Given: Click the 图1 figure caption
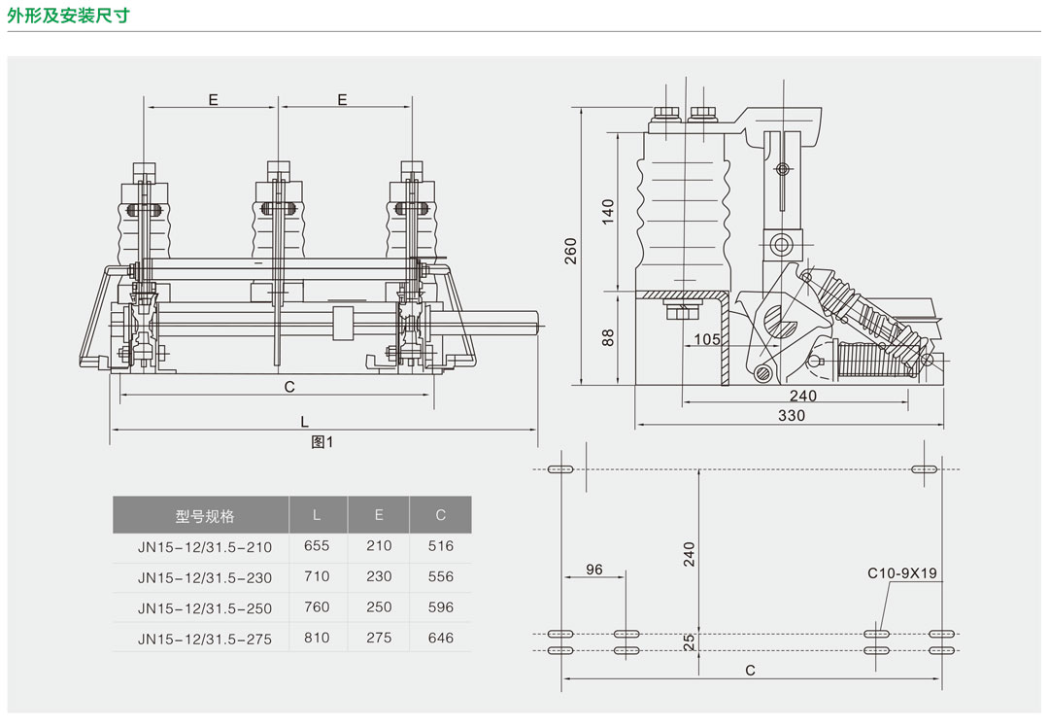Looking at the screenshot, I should point(321,442).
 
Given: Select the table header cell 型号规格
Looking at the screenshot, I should point(205,516).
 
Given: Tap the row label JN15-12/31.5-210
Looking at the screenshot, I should point(205,547).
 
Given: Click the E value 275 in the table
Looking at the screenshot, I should point(379,638).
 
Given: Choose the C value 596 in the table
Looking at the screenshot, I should point(440,607).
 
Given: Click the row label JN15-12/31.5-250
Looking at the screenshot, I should point(205,608).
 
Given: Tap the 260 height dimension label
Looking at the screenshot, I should point(571,250).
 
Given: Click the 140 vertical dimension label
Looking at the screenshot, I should point(608,211).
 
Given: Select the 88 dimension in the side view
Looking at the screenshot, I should point(608,338).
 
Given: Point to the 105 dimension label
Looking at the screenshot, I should point(708,339).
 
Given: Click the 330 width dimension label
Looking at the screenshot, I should point(791,416).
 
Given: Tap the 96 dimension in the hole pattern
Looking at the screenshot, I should point(594,570).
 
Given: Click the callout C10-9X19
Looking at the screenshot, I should point(901,573).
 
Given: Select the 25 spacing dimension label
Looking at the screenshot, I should point(689,641).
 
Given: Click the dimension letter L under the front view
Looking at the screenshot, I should point(304,422).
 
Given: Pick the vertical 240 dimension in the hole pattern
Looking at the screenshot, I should point(689,555).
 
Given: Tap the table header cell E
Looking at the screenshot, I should point(379,515).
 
